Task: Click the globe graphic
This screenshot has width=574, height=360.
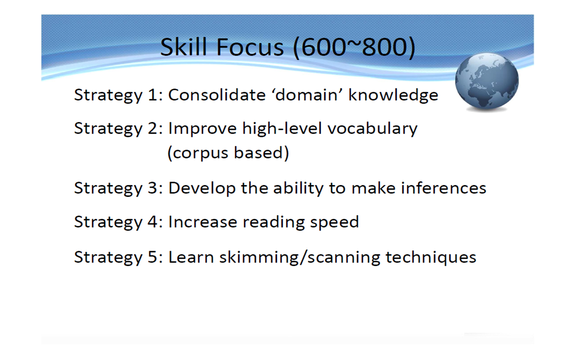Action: [x=487, y=81]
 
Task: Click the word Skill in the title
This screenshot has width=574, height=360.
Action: [x=183, y=47]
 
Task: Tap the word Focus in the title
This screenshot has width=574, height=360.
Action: [x=250, y=47]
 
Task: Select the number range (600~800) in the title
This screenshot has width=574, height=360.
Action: [x=354, y=48]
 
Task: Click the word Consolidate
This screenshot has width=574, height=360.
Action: [x=217, y=95]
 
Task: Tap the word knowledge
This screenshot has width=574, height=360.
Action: [x=393, y=95]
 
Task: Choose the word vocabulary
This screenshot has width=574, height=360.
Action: [x=373, y=129]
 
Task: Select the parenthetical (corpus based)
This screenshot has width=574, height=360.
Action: [x=228, y=153]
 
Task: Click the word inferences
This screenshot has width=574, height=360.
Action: [x=444, y=188]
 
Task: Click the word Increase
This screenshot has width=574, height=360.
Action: [x=203, y=222]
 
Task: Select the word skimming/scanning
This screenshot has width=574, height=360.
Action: [x=300, y=257]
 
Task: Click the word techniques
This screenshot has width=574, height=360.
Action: [x=431, y=257]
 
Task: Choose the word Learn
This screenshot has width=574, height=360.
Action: [x=191, y=257]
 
